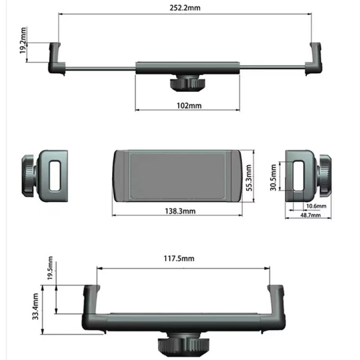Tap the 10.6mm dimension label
(316, 206)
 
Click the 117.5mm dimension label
(179, 259)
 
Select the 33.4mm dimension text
(36, 306)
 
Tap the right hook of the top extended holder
(315, 60)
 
